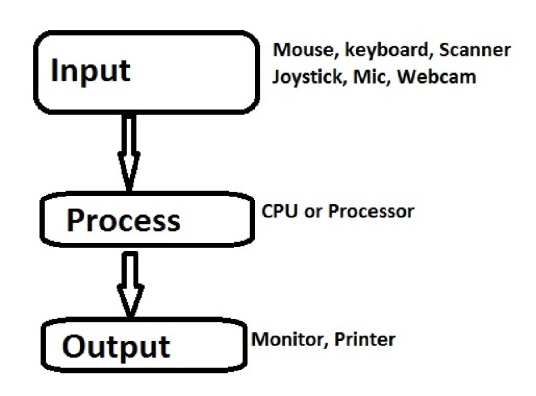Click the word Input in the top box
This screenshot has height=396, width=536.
pyautogui.click(x=91, y=72)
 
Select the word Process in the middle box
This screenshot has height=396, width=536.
pyautogui.click(x=123, y=221)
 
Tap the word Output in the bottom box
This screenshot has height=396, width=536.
pyautogui.click(x=116, y=345)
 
